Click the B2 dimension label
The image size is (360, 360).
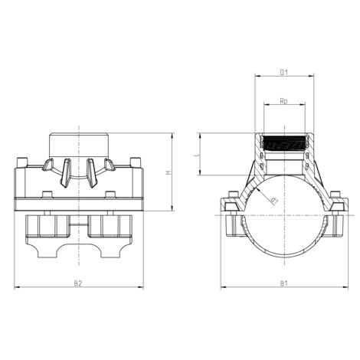[x=78, y=283]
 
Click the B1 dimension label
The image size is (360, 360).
[x=283, y=283]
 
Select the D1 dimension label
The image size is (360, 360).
[x=283, y=73]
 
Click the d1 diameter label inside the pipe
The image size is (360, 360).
[x=273, y=201]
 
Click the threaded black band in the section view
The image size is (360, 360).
[x=283, y=142]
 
